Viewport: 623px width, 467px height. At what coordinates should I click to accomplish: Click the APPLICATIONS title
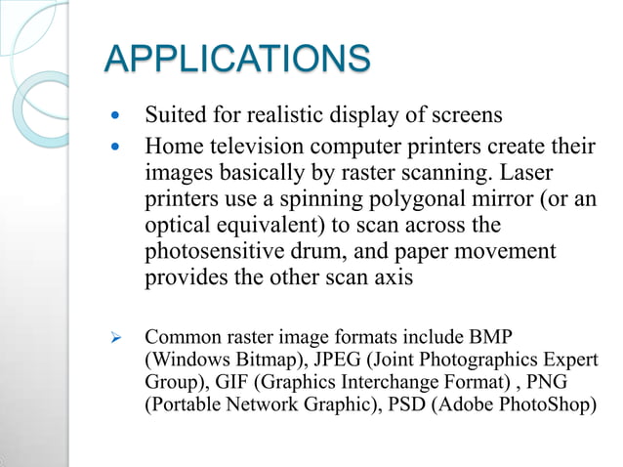pyautogui.click(x=237, y=58)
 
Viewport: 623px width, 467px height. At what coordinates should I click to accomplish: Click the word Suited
pyautogui.click(x=175, y=116)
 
